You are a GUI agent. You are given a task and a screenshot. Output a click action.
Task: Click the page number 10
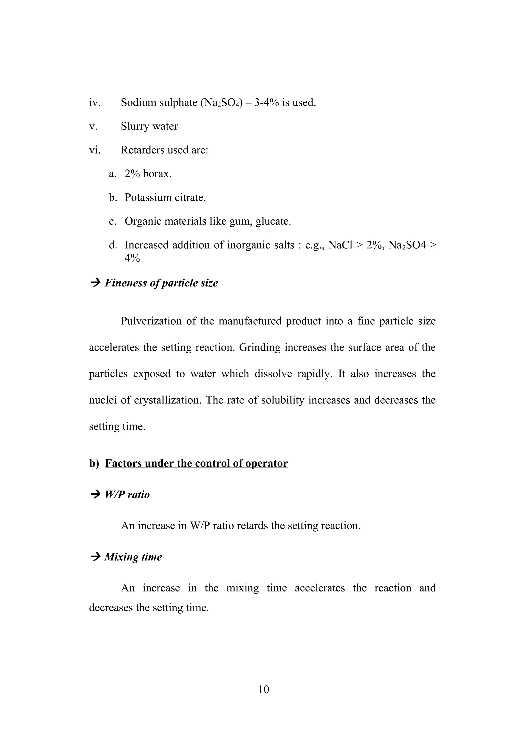[x=264, y=689]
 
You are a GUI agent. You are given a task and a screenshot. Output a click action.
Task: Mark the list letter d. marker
[x=113, y=245]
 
